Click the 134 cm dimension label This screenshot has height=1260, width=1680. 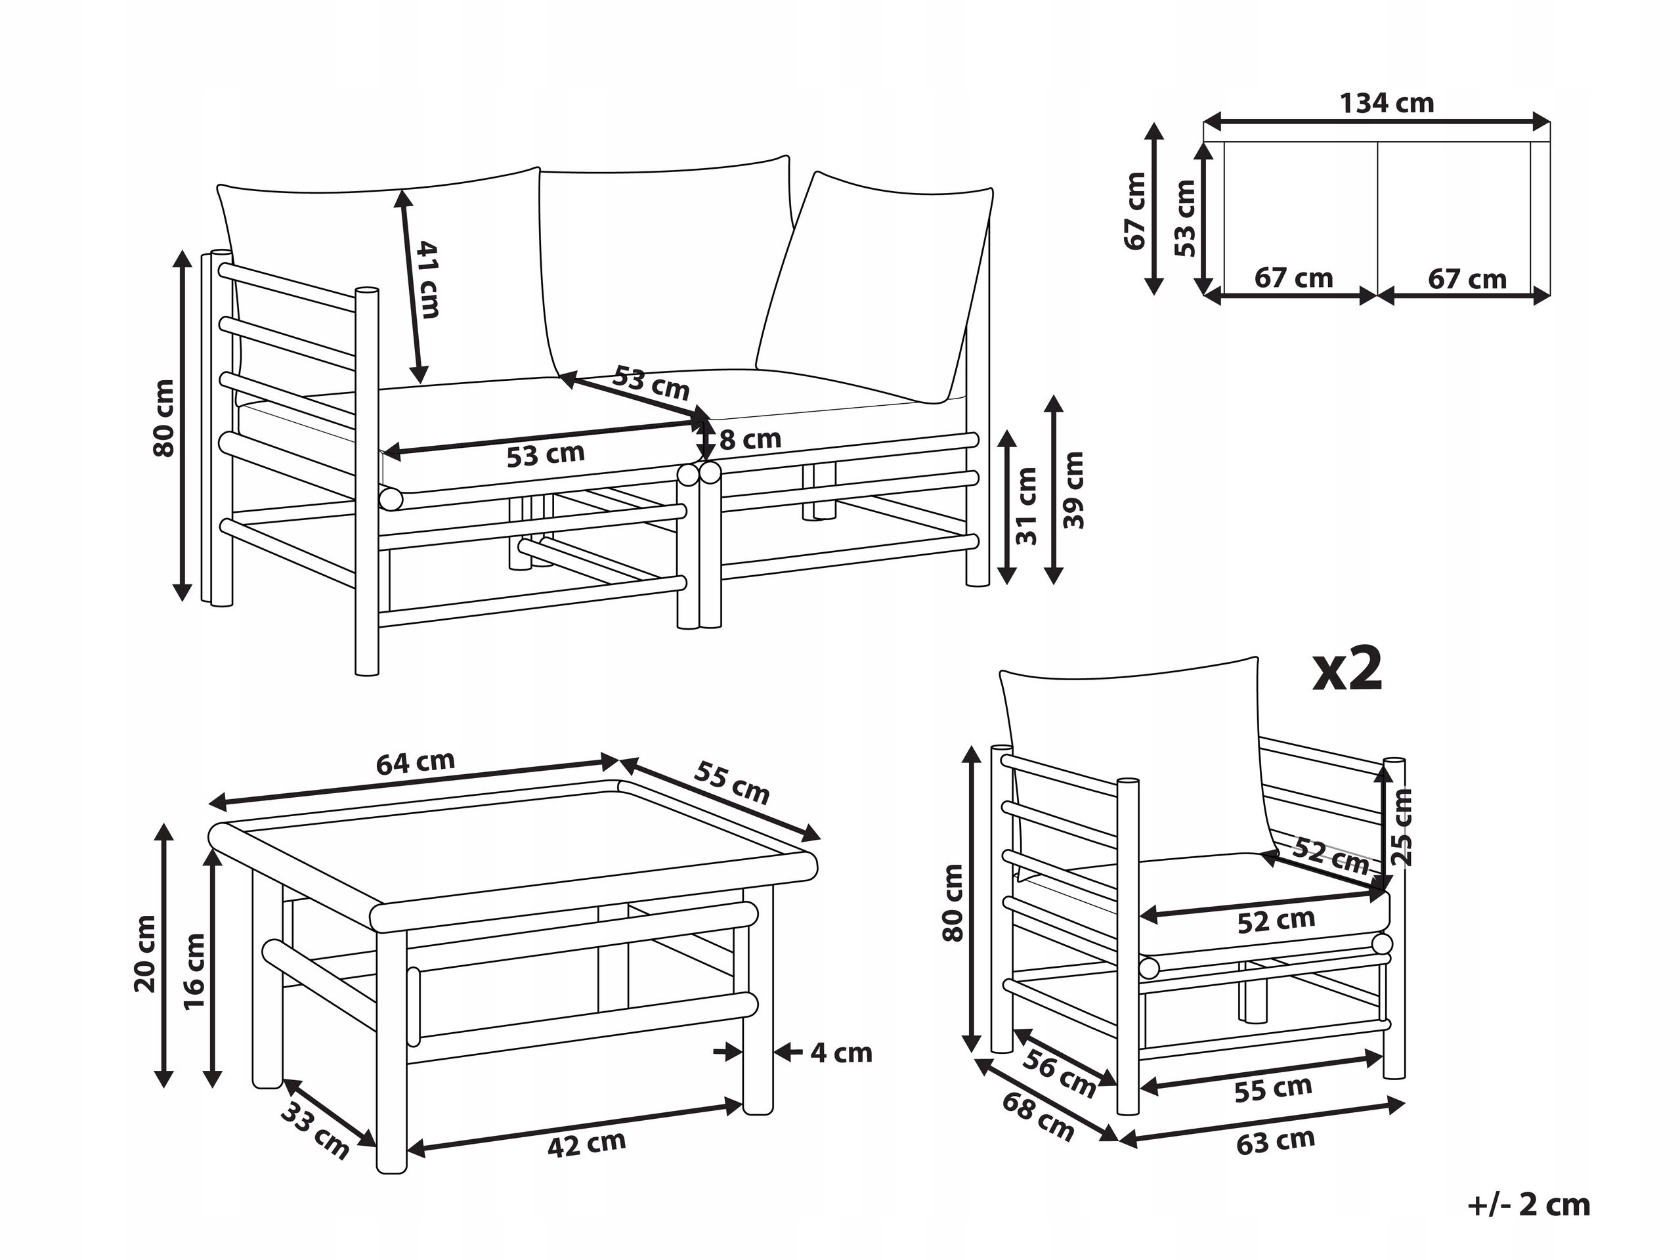click(1386, 103)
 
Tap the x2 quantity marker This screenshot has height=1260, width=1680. click(1347, 670)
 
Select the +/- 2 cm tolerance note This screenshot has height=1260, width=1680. click(1529, 1206)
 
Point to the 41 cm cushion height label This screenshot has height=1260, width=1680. click(427, 279)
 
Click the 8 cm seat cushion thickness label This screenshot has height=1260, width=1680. click(750, 439)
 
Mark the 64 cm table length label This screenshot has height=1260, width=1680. click(416, 762)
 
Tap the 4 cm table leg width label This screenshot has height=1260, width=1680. click(841, 1053)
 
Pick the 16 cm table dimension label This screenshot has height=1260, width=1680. click(194, 970)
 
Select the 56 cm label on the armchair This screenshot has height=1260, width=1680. click(1059, 1073)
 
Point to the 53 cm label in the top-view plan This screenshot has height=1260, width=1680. click(1184, 218)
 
